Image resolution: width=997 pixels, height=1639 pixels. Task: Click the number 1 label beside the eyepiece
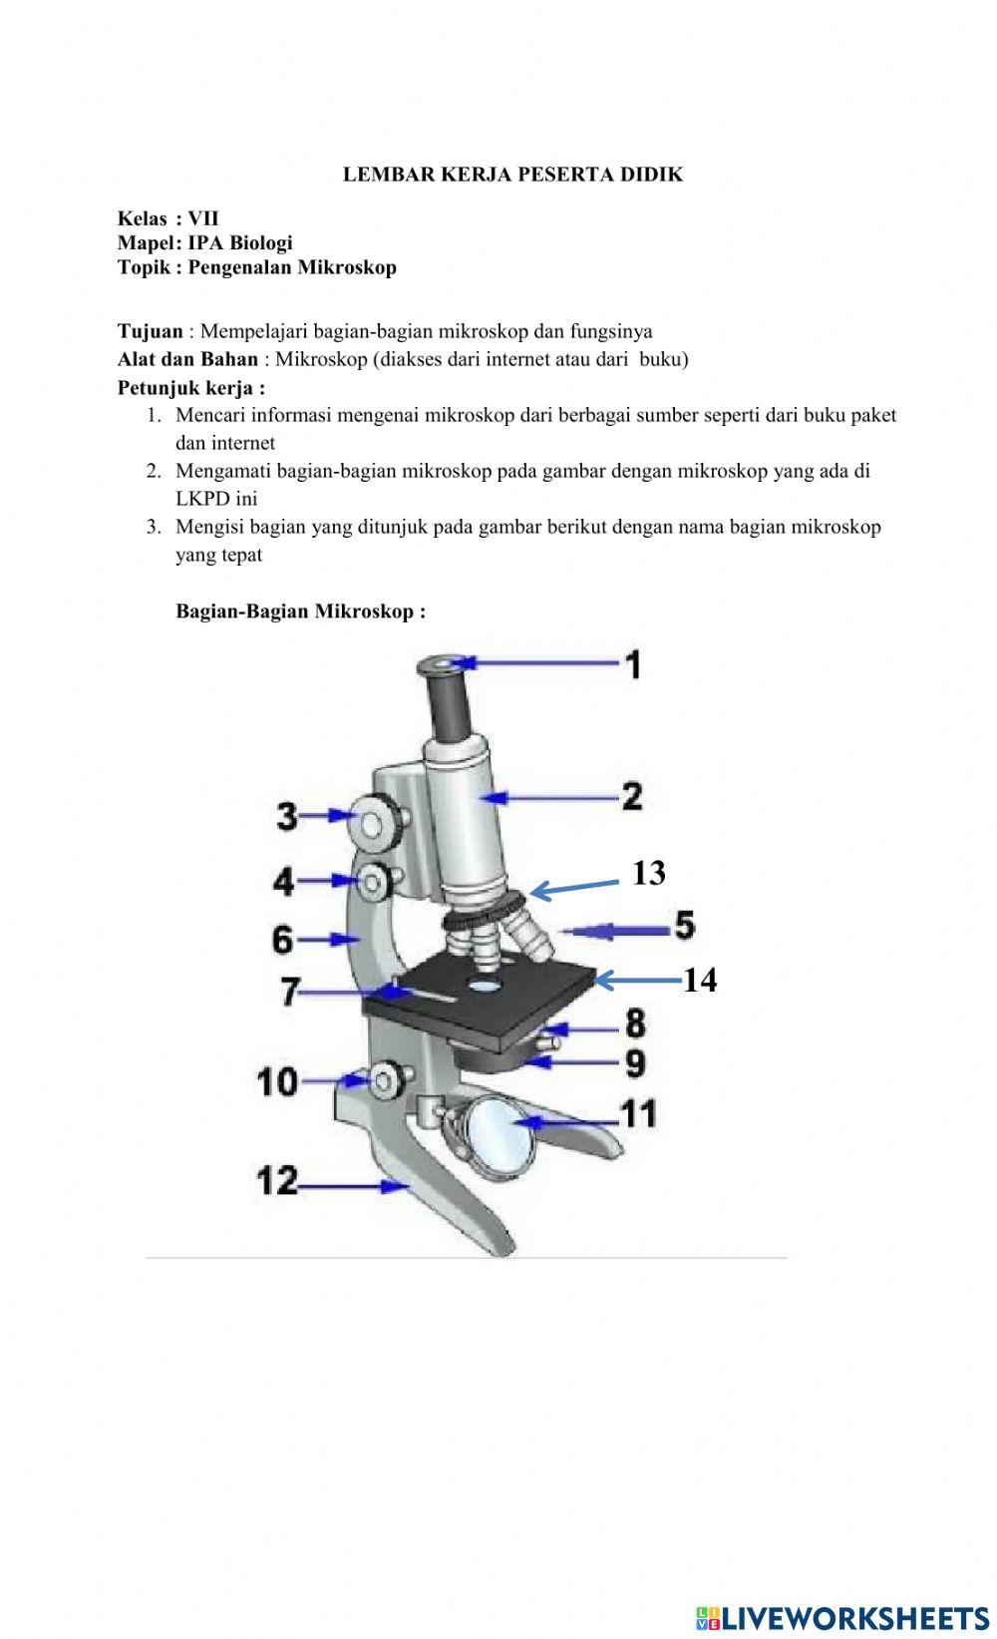pyautogui.click(x=633, y=664)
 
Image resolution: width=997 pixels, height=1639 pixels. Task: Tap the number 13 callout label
pyautogui.click(x=649, y=873)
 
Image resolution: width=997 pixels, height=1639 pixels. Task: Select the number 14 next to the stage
pyautogui.click(x=700, y=980)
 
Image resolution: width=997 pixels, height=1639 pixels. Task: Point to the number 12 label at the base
pyautogui.click(x=277, y=1181)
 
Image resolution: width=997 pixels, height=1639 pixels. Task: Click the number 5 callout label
pyautogui.click(x=684, y=925)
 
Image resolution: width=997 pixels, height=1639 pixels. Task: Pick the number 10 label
pyautogui.click(x=277, y=1081)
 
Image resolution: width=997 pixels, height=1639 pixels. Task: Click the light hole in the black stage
pyautogui.click(x=485, y=985)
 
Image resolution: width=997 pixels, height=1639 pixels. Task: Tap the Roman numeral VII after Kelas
pyautogui.click(x=202, y=218)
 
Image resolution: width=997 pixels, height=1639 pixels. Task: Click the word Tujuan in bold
pyautogui.click(x=151, y=331)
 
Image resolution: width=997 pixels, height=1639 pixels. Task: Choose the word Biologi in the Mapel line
pyautogui.click(x=260, y=242)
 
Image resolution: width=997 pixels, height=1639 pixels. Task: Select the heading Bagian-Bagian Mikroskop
pyautogui.click(x=300, y=612)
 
